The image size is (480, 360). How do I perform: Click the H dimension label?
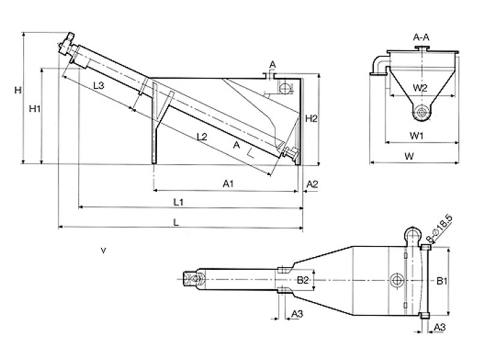point(18,90)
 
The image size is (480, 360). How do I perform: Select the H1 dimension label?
point(35,109)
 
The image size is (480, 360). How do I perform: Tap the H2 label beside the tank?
point(311,118)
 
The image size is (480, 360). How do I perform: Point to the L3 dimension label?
point(98,85)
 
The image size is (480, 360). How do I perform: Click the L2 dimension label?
point(202,137)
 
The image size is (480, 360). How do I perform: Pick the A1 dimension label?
point(229,184)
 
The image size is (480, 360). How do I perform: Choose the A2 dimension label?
point(312,184)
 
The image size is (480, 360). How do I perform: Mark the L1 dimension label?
point(178,202)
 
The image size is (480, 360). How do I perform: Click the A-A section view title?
point(421,37)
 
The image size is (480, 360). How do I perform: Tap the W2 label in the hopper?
point(419,88)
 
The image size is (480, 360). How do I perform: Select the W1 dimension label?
point(416,136)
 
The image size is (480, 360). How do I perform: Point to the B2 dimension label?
point(303,280)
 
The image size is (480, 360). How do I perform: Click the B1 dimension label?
point(442,281)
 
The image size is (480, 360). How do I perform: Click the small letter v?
point(103,251)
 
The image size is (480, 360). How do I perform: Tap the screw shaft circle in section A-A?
point(422,112)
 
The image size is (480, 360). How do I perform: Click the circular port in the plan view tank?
point(397,280)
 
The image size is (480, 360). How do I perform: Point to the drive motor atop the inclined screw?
point(66,44)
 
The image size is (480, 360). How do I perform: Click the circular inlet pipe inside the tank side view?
point(284,88)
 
